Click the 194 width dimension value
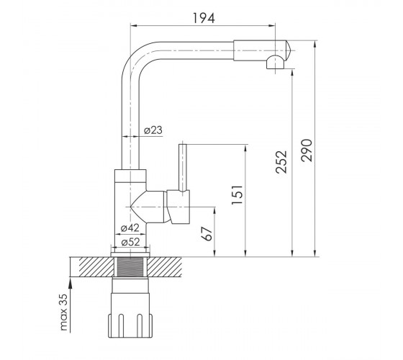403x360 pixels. [x=204, y=18]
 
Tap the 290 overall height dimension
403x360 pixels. [x=307, y=150]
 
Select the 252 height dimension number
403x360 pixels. [x=281, y=162]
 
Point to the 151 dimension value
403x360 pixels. [x=237, y=194]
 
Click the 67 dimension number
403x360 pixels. [x=207, y=234]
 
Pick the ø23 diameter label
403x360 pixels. [x=153, y=130]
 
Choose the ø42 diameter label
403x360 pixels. [x=130, y=228]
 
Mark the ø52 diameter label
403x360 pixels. [x=130, y=242]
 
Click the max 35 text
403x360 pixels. [x=63, y=312]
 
